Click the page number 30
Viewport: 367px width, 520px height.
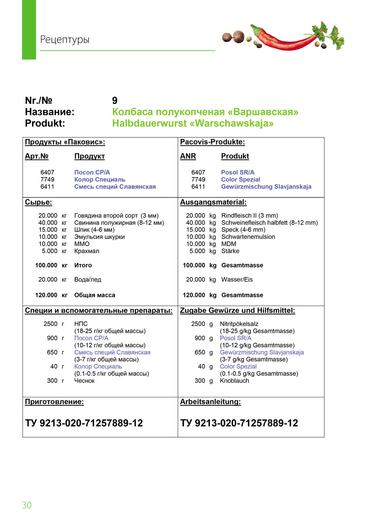pyautogui.click(x=27, y=505)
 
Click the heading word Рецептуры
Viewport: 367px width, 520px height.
pyautogui.click(x=65, y=40)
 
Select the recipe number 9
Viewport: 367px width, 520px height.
pyautogui.click(x=115, y=101)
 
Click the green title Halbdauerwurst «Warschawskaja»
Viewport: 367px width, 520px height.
pyautogui.click(x=193, y=123)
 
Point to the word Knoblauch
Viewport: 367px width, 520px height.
pyautogui.click(x=234, y=381)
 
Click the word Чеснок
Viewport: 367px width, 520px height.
pyautogui.click(x=84, y=381)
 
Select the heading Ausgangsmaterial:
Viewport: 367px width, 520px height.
pyautogui.click(x=213, y=202)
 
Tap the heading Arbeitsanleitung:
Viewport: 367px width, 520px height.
pyautogui.click(x=210, y=402)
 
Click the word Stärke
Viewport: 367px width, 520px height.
pyautogui.click(x=230, y=251)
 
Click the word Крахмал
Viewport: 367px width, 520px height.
pyautogui.click(x=87, y=251)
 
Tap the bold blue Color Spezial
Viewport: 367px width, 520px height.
pyautogui.click(x=240, y=180)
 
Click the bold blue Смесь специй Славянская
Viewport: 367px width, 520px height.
pyautogui.click(x=115, y=187)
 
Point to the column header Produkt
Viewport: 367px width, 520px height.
pyautogui.click(x=235, y=156)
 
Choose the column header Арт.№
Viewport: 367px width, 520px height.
pyautogui.click(x=37, y=156)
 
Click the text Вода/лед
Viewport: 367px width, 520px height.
pyautogui.click(x=88, y=279)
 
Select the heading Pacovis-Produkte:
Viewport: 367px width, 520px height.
pyautogui.click(x=212, y=142)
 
